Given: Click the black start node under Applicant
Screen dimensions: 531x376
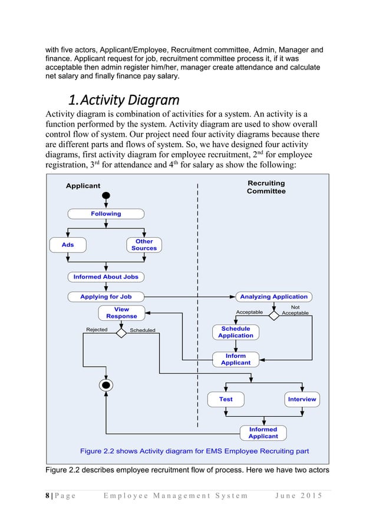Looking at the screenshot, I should pyautogui.click(x=106, y=196).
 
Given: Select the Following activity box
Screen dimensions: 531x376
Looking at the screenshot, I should pyautogui.click(x=106, y=214).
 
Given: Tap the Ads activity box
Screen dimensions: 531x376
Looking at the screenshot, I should pyautogui.click(x=68, y=244).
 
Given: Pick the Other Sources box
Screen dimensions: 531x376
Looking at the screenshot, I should pyautogui.click(x=144, y=244).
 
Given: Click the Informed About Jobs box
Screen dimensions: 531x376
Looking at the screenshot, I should pyautogui.click(x=106, y=277).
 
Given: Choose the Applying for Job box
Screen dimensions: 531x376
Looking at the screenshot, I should pyautogui.click(x=106, y=297).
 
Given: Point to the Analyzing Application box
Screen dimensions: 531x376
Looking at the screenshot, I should pyautogui.click(x=273, y=297).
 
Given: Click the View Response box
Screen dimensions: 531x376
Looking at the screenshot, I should pyautogui.click(x=121, y=313).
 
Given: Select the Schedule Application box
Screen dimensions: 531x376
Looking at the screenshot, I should pyautogui.click(x=236, y=332).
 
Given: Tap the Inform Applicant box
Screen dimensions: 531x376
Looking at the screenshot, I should pyautogui.click(x=236, y=360).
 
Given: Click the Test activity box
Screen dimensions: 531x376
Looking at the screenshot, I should pyautogui.click(x=226, y=399).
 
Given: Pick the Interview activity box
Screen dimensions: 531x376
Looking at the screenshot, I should pyautogui.click(x=302, y=399).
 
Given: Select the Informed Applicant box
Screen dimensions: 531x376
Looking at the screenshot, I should pyautogui.click(x=263, y=433).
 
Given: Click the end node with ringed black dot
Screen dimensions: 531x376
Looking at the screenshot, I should pyautogui.click(x=106, y=386).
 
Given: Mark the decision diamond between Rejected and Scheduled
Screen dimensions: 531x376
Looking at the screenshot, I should pyautogui.click(x=121, y=333).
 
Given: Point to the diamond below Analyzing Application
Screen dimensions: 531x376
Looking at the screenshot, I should pyautogui.click(x=273, y=316).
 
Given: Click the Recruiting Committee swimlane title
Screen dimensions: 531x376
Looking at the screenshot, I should pyautogui.click(x=266, y=187).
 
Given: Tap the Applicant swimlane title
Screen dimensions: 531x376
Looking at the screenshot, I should pyautogui.click(x=83, y=185).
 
